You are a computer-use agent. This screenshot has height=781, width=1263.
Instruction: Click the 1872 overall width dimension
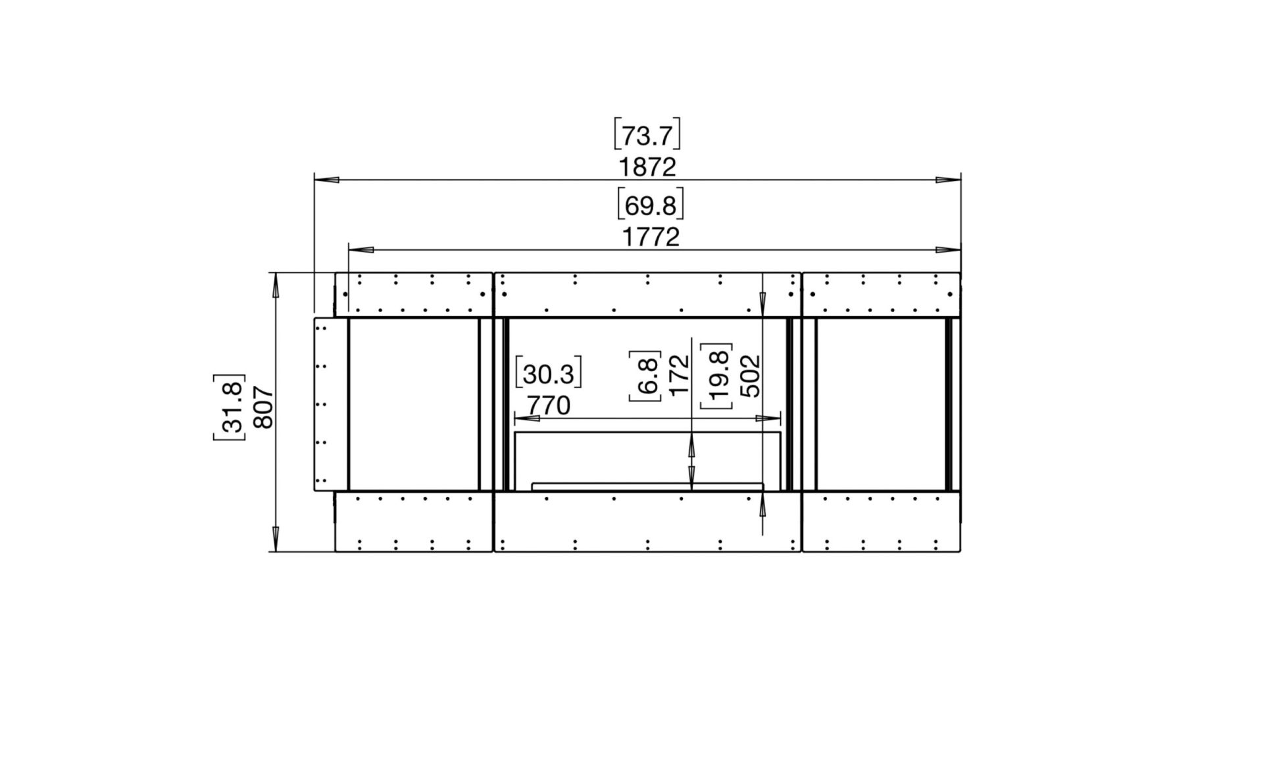coord(647,167)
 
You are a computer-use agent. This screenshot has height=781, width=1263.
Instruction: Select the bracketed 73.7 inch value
coord(647,135)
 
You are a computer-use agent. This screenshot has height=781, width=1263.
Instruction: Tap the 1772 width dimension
coord(651,237)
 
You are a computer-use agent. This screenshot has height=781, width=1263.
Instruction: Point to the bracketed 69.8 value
coord(651,205)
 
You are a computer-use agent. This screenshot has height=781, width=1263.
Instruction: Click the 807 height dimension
coord(262,407)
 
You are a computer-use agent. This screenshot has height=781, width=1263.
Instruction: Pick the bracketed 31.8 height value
coord(229,407)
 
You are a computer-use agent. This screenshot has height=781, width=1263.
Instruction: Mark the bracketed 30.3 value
coord(549,374)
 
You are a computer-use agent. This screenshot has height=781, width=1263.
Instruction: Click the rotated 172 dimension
coord(678,375)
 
